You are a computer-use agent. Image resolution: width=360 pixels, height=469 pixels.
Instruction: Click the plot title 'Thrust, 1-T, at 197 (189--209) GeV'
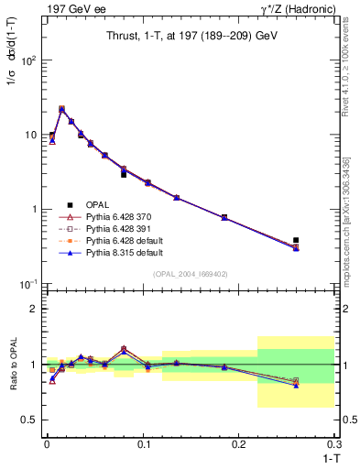click(x=190, y=36)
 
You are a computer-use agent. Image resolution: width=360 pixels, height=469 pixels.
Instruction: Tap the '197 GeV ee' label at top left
click(x=71, y=8)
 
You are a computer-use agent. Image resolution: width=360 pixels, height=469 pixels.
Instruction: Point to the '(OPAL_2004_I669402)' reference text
click(x=190, y=273)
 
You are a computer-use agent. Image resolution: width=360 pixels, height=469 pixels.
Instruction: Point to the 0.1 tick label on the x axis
click(x=142, y=444)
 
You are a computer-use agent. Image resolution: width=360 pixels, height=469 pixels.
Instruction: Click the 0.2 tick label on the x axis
click(x=239, y=444)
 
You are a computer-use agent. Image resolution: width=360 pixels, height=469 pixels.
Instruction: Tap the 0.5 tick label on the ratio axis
click(x=30, y=420)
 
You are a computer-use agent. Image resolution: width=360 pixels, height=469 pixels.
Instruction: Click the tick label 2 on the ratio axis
click(x=35, y=309)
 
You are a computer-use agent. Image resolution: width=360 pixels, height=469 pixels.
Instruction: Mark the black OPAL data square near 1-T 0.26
click(x=296, y=240)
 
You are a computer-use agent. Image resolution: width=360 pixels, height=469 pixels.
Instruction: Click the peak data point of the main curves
click(x=61, y=109)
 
